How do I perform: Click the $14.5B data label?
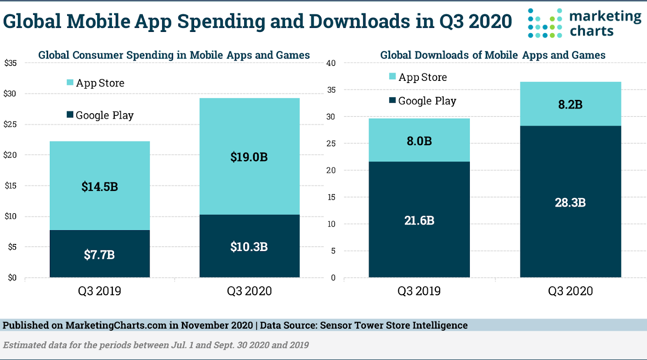coord(99,186)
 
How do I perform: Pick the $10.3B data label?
coord(249,247)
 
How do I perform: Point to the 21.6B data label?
coord(419,220)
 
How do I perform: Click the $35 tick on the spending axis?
coord(11,63)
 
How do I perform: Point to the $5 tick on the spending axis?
coord(12,247)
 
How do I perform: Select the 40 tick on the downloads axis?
coord(331,63)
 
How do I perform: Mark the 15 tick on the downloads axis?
coord(331,197)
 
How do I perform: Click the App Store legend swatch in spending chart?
coord(70,83)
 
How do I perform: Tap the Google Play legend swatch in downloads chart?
coord(392,100)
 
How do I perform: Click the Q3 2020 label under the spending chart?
coord(249,291)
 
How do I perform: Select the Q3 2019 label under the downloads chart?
coord(419,291)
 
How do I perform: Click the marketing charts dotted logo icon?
coord(545,23)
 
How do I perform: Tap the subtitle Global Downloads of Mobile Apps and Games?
coord(493,55)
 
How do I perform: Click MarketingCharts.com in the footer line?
coord(116,325)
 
